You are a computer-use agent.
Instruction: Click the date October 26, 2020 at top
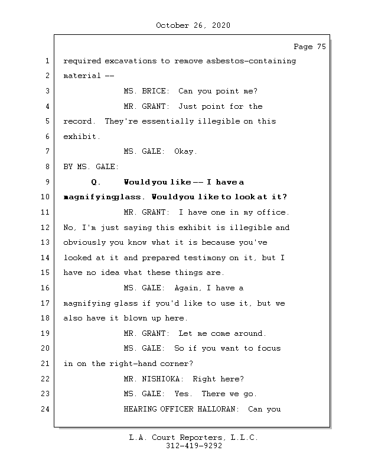coord(193,25)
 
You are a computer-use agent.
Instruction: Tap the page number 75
coord(322,47)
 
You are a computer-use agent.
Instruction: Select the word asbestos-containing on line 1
coord(251,61)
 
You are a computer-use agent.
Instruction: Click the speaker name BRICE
coord(154,91)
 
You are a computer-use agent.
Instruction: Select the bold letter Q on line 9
coord(94,182)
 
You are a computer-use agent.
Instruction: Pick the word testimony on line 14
coord(205,258)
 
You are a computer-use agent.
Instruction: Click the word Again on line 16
coord(186,288)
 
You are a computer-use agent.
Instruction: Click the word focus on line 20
coord(269,348)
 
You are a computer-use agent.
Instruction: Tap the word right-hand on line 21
coord(133,364)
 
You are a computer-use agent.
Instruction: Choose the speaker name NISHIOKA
coord(161,379)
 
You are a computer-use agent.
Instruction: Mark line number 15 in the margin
coord(45,273)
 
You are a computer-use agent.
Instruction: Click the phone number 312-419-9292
coord(194,446)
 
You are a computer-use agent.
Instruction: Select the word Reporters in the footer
coord(201,438)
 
